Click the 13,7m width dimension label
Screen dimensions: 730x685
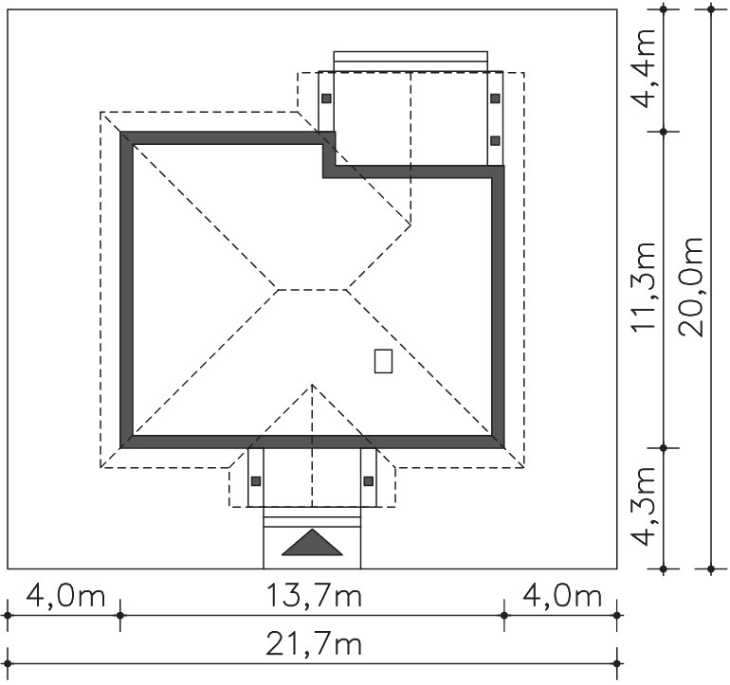point(314,596)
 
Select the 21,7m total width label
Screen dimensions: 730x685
point(314,644)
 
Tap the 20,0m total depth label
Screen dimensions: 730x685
point(690,287)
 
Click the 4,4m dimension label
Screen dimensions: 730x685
point(643,68)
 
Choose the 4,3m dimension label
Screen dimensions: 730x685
point(643,506)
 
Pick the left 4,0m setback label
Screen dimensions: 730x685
point(65,596)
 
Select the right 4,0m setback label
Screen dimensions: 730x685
point(562,596)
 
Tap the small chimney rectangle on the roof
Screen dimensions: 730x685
point(383,361)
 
